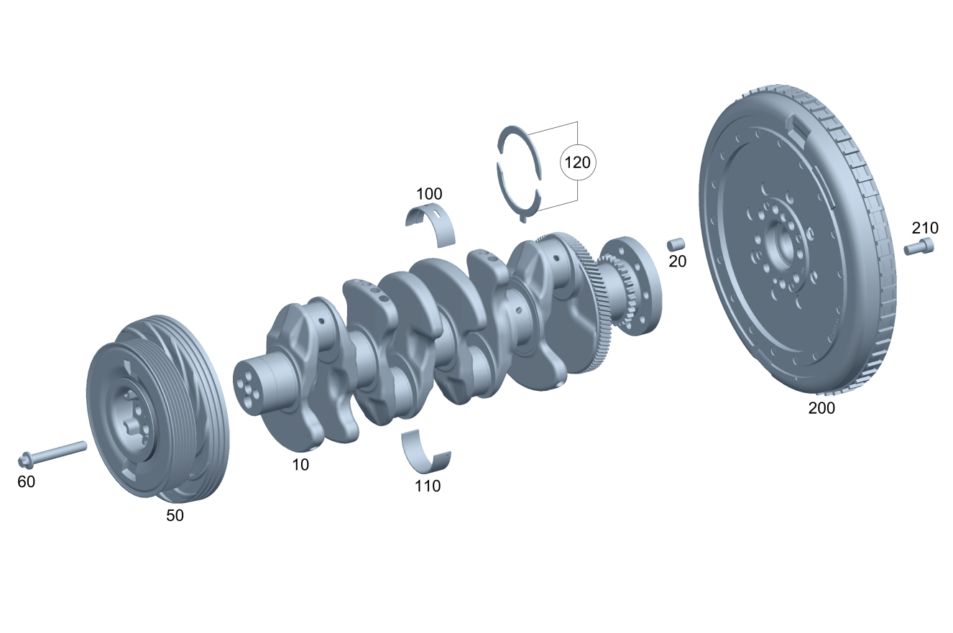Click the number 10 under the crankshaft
coord(300,465)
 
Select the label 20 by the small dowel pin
coord(677,262)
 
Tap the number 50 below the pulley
coord(175,516)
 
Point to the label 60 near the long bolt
coord(27,482)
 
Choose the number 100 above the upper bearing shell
coord(429,194)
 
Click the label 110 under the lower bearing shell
coord(428,486)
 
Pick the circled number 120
coord(578,162)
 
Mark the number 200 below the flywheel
coord(821,408)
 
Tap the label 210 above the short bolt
coord(925,228)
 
